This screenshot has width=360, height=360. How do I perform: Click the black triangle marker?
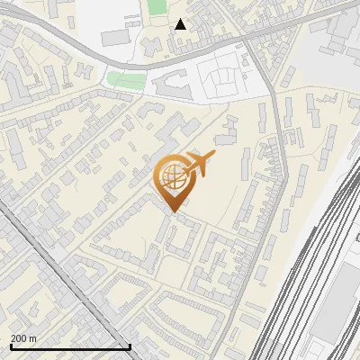(x=181, y=24)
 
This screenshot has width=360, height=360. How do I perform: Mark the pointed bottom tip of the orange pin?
(x=172, y=211)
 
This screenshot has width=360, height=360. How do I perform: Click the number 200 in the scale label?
(x=20, y=338)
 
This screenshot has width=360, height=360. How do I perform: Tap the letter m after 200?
(x=33, y=338)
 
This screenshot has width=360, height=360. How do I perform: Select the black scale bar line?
(x=70, y=346)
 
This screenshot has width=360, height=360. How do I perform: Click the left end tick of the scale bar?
(x=10, y=346)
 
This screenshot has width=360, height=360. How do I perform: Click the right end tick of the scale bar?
(x=130, y=346)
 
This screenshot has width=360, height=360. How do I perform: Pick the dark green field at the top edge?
(x=157, y=7)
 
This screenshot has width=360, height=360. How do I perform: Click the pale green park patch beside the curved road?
(x=126, y=80)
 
